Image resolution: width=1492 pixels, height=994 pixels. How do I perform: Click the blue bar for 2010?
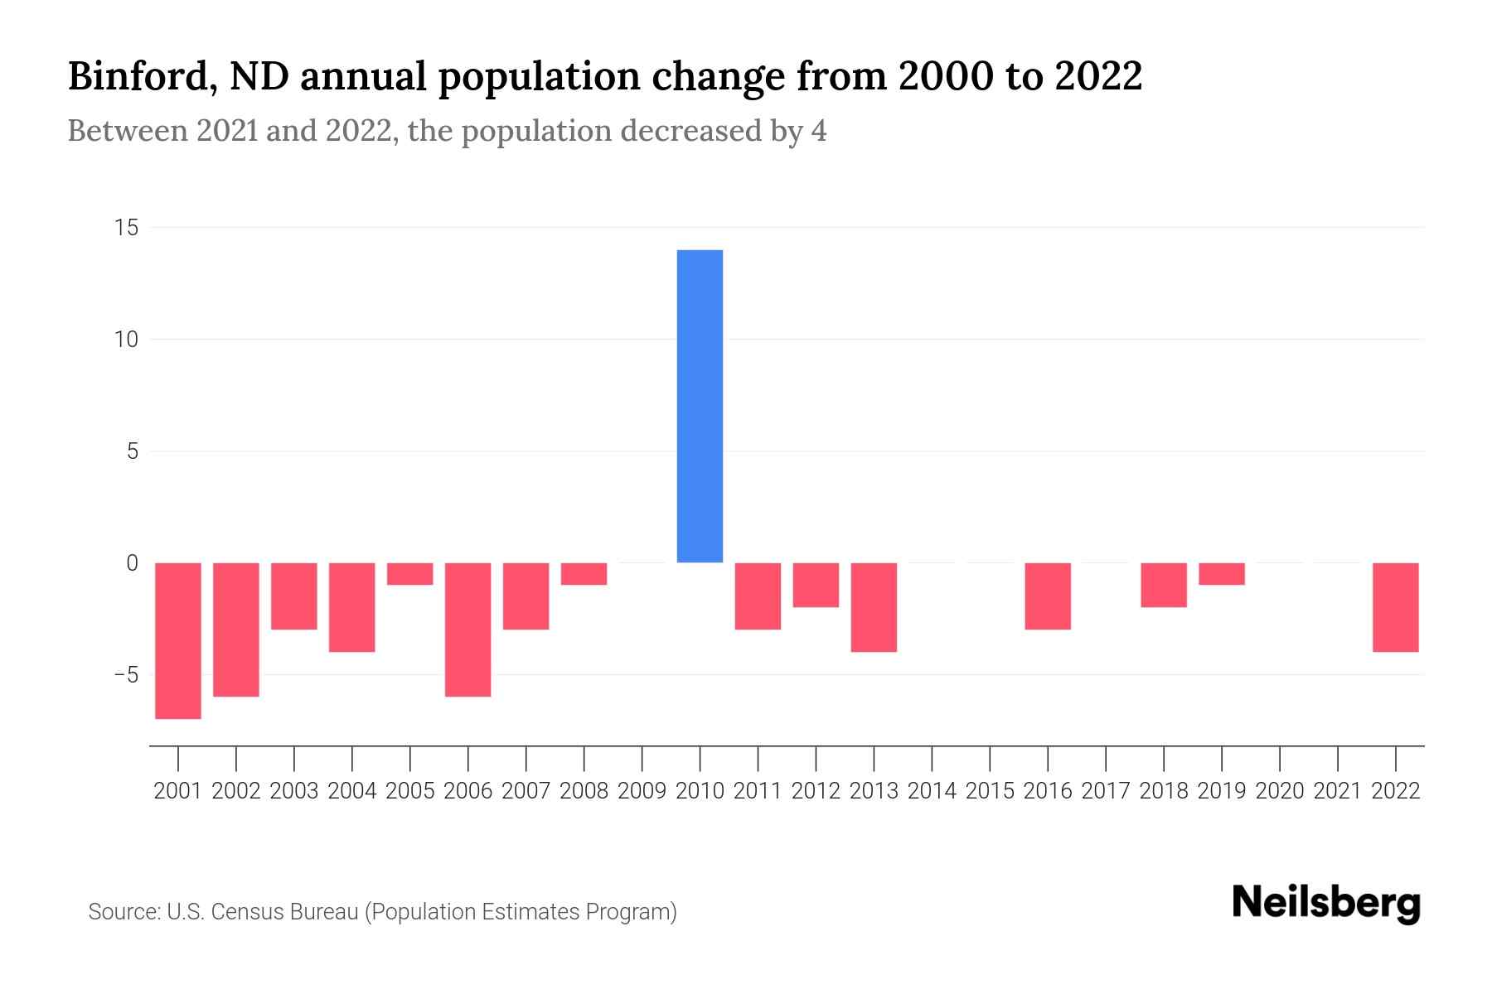tap(700, 406)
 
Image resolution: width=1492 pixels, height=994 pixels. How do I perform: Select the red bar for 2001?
tap(178, 640)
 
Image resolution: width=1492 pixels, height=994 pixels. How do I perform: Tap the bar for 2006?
tap(467, 630)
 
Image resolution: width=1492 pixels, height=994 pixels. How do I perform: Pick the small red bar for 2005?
tap(409, 574)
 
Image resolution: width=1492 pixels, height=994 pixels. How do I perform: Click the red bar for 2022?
tap(1395, 607)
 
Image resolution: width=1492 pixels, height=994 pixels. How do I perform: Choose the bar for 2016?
tap(1048, 596)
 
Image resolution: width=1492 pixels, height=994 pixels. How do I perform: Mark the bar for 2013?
tap(874, 607)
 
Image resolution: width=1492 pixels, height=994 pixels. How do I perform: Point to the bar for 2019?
tap(1221, 574)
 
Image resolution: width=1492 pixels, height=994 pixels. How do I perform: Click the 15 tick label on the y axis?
tap(126, 228)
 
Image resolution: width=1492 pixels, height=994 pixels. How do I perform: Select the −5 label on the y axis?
tap(125, 675)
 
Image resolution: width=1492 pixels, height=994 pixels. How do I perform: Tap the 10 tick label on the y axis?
tap(126, 340)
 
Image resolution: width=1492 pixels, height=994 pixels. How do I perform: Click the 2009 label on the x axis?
tap(642, 791)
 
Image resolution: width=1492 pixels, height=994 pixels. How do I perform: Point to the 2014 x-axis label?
tap(932, 791)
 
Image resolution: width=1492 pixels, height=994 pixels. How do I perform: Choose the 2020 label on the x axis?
tap(1279, 791)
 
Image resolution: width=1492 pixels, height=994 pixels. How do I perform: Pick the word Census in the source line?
tap(246, 912)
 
